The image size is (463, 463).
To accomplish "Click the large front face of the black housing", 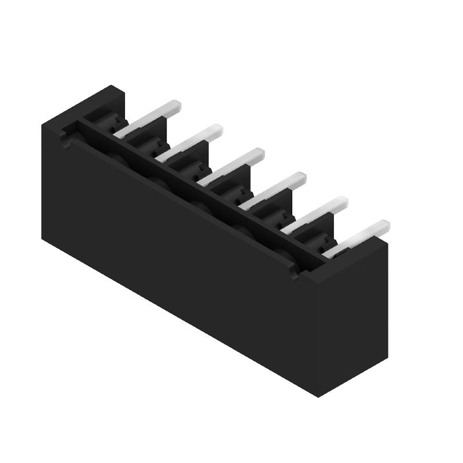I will (x=174, y=255).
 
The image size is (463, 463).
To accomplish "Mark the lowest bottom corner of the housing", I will (x=318, y=396).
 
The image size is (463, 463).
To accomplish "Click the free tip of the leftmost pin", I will (x=176, y=105).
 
